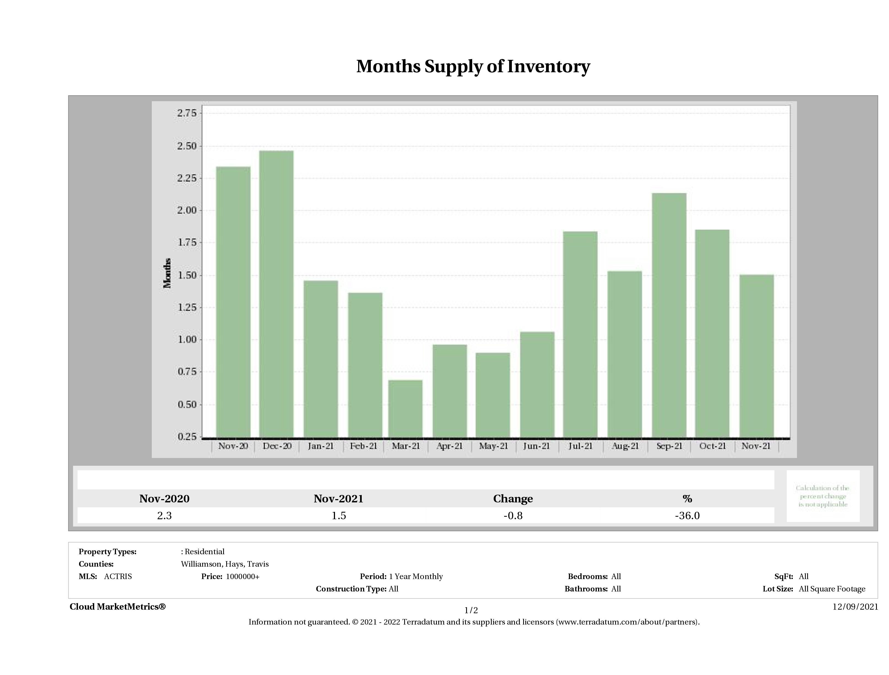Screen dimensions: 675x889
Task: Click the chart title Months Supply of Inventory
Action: [x=473, y=67]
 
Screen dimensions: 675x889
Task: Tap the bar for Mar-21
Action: [x=405, y=408]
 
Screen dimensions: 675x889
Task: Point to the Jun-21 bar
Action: [x=537, y=384]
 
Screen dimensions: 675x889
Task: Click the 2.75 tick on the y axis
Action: [x=187, y=113]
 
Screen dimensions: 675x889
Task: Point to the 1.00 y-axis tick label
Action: [x=187, y=339]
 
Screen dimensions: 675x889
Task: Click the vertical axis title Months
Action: [x=167, y=273]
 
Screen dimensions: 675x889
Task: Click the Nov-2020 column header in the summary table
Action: [x=164, y=499]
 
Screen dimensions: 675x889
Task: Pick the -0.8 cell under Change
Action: [x=513, y=516]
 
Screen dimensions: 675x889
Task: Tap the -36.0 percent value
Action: [x=687, y=516]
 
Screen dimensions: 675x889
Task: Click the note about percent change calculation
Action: [x=822, y=496]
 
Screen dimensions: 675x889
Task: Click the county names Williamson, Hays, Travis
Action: [x=225, y=564]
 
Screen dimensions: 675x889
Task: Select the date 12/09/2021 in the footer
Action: [x=855, y=607]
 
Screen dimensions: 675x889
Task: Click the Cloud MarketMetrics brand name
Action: [x=117, y=607]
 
